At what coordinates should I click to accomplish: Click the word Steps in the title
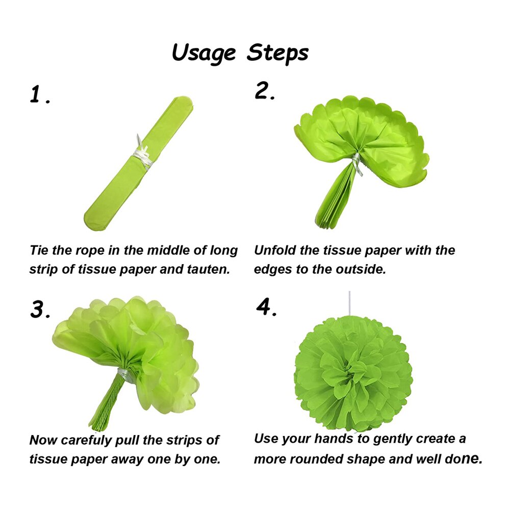(x=277, y=52)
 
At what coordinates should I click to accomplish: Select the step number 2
(x=264, y=91)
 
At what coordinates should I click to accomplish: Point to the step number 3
(x=40, y=309)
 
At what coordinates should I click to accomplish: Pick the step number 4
(x=266, y=307)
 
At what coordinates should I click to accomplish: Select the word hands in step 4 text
(x=334, y=439)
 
